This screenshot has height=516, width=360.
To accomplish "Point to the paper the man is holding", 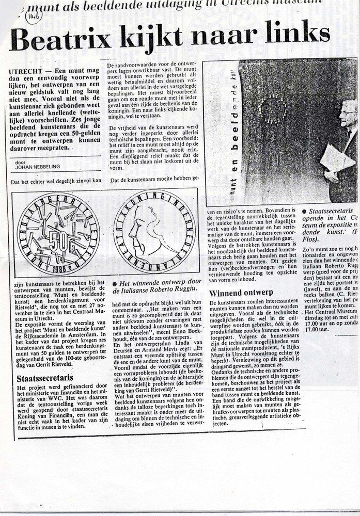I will coord(337,158).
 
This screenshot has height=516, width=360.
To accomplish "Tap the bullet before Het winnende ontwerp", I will coord(115,284).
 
